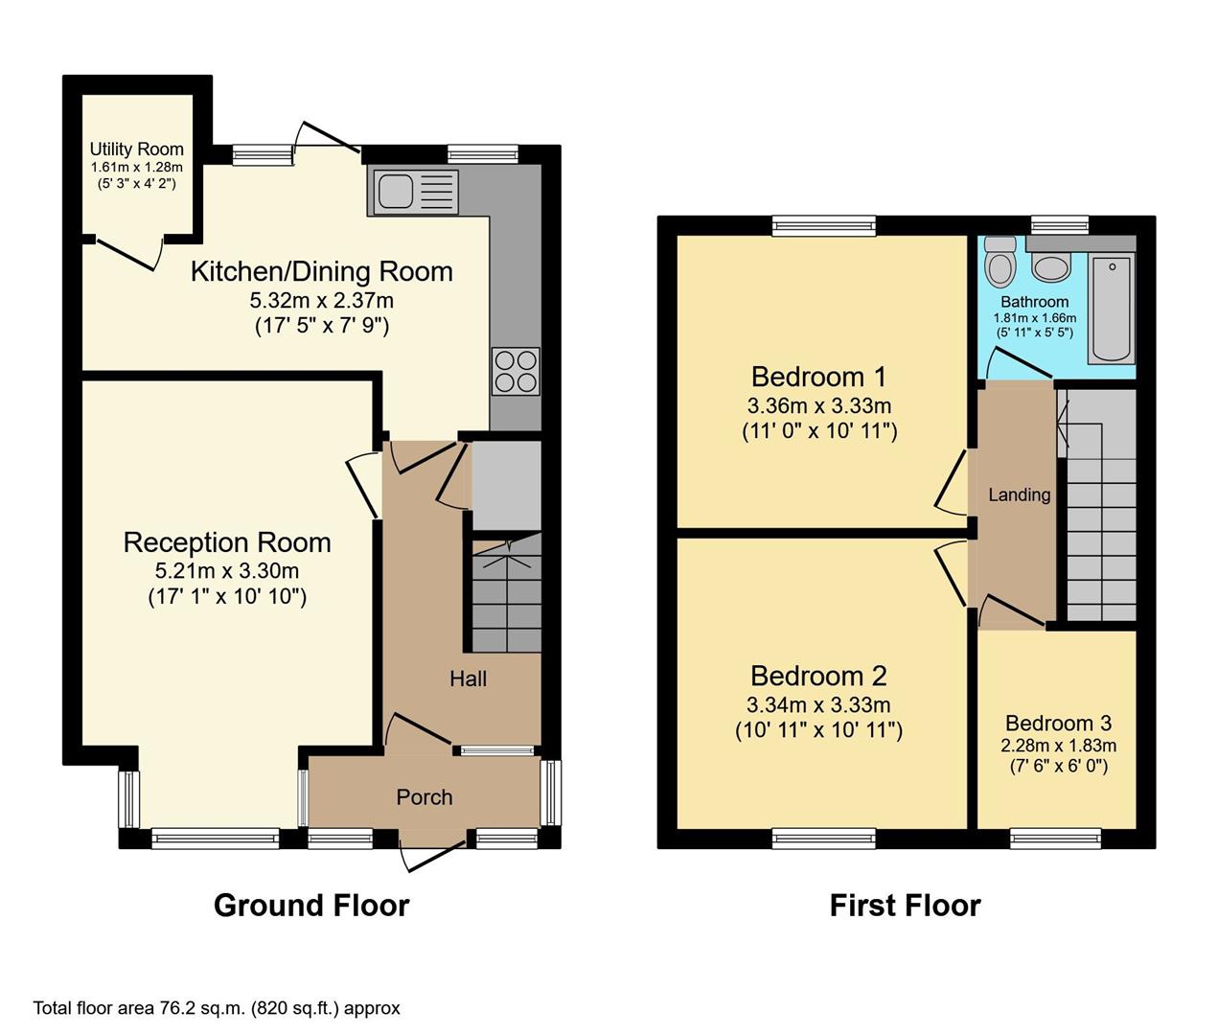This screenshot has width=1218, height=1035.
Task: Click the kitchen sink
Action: [412, 192]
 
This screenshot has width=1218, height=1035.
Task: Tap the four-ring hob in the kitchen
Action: [516, 371]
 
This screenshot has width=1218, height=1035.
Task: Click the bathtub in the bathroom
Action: [1112, 308]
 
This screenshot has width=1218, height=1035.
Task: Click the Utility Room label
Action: [136, 149]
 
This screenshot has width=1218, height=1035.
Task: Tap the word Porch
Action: [425, 797]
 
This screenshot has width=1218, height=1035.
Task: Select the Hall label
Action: [469, 679]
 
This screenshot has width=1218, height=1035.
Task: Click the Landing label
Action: [1019, 494]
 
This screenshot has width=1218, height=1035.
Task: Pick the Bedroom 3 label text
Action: [1058, 724]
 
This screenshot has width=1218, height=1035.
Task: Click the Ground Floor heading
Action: [311, 906]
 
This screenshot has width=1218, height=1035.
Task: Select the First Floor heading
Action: [905, 906]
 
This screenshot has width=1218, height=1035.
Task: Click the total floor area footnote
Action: [217, 1008]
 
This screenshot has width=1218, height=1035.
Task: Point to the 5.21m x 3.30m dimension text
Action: [227, 571]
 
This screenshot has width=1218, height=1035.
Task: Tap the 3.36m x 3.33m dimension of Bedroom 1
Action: [819, 405]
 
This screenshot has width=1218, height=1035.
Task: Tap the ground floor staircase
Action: [506, 594]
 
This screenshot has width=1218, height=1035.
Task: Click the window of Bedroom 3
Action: [1055, 839]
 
